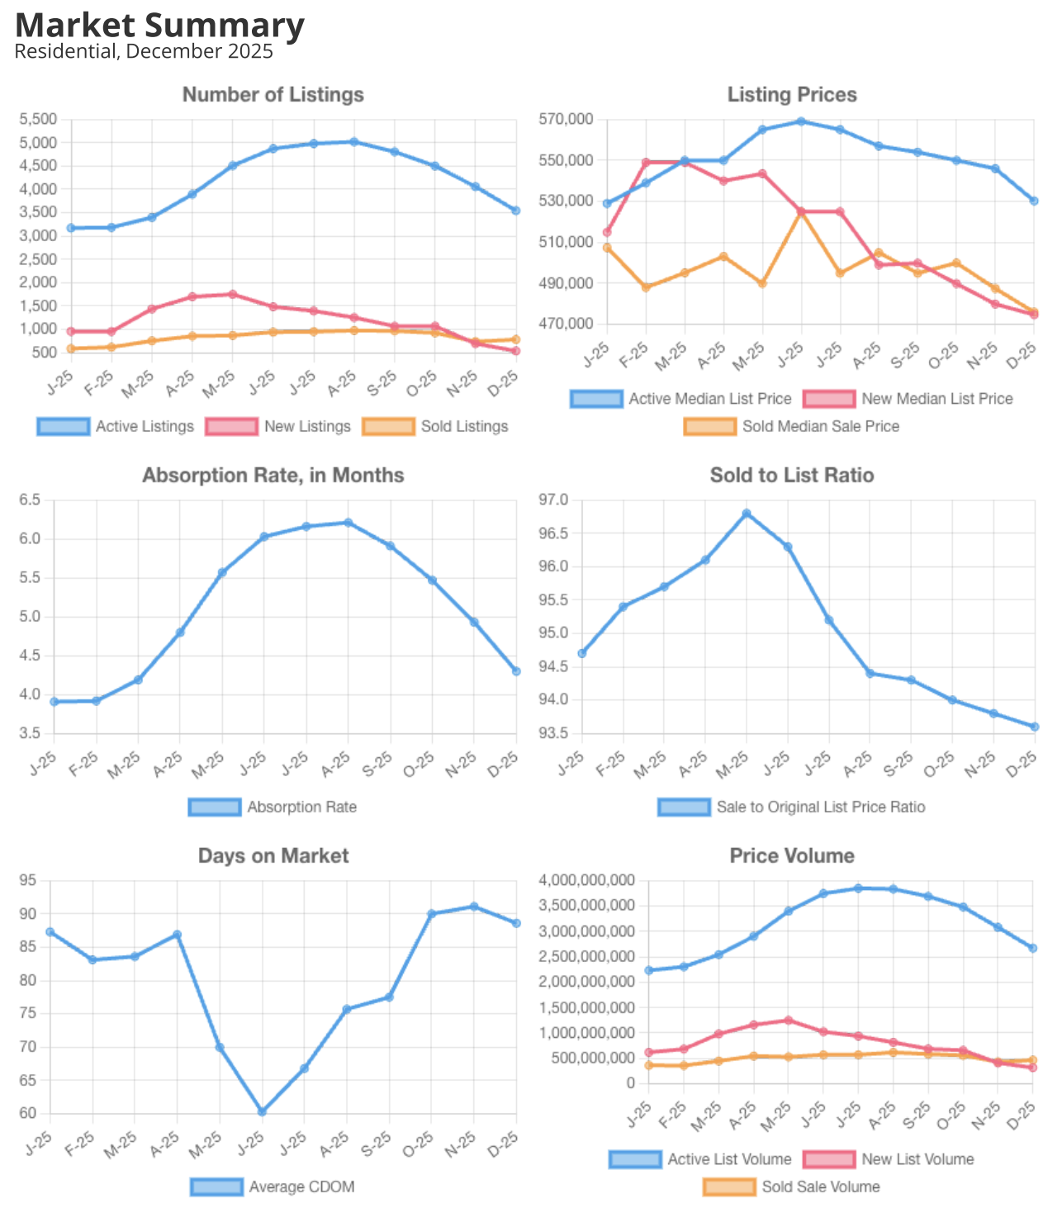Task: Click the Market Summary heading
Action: (x=159, y=26)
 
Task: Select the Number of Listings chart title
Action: (x=273, y=95)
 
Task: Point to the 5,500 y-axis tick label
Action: (x=38, y=120)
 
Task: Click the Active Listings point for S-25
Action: (x=395, y=152)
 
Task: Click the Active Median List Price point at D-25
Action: (x=1034, y=201)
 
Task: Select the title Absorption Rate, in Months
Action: (x=273, y=476)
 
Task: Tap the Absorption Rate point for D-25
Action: (x=516, y=671)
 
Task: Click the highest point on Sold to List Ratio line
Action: (x=747, y=514)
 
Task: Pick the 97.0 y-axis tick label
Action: (x=553, y=500)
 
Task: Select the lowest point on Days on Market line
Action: (x=262, y=1112)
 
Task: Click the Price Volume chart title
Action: (x=791, y=856)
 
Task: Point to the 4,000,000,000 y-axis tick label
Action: (x=587, y=881)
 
